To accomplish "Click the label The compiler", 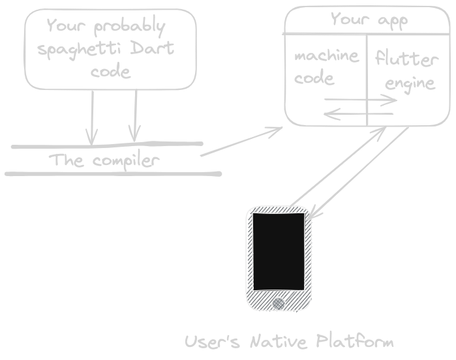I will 104,160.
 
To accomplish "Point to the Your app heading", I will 369,20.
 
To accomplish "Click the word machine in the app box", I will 326,55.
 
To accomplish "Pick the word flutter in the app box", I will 406,61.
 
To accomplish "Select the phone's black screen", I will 279,251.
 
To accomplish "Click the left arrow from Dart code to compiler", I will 92,117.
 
